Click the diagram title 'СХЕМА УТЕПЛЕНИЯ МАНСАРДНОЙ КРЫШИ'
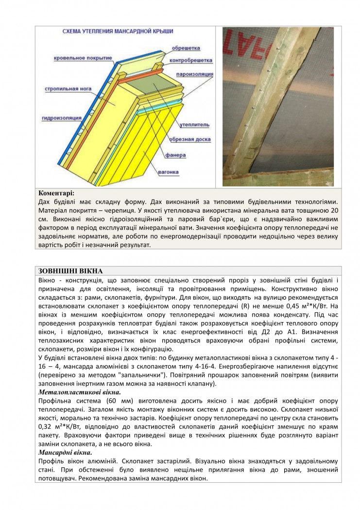118,31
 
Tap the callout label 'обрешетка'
182,49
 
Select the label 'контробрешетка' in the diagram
191,61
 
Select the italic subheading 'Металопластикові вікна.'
79,391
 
